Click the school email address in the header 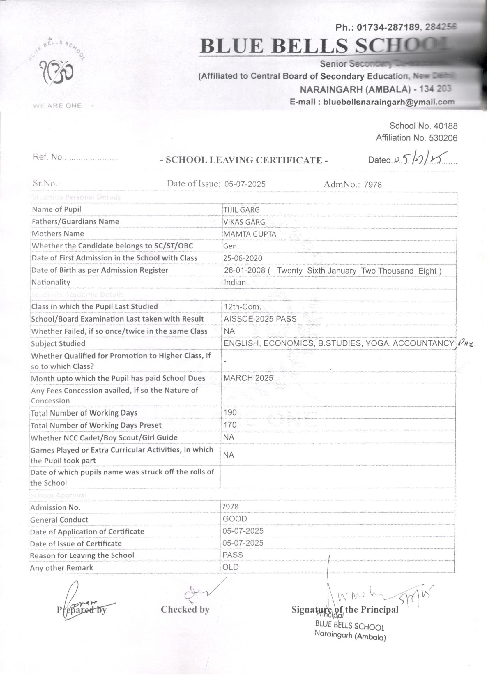pos(372,102)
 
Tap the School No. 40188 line pos(423,126)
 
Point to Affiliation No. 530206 pos(416,138)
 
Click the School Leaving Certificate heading pos(244,160)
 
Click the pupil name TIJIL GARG pos(241,210)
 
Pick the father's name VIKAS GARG pos(244,222)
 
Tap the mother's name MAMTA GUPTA pos(250,234)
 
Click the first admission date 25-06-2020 pos(243,258)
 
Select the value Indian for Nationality pos(235,282)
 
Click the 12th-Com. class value pos(242,307)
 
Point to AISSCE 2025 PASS pos(260,319)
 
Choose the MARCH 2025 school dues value pos(248,378)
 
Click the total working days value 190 pos(230,412)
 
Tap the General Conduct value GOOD pos(235,519)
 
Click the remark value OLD pos(231,567)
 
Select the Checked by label pos(185,609)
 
